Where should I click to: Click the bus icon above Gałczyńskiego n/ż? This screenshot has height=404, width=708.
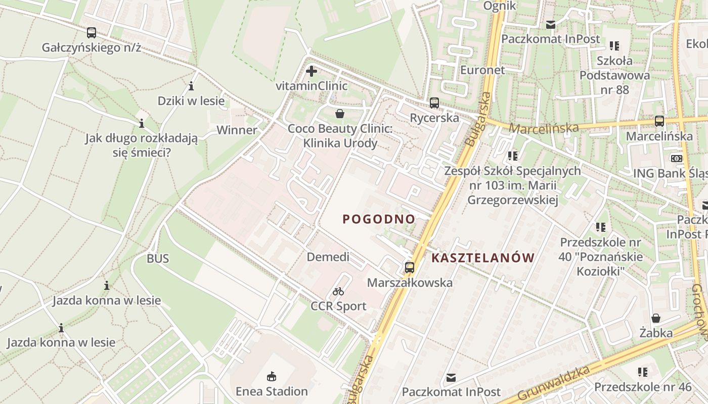(x=91, y=33)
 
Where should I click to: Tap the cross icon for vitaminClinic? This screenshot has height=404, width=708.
(x=312, y=71)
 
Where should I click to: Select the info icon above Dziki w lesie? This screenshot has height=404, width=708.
(x=191, y=86)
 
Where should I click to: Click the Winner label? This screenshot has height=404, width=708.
(x=237, y=130)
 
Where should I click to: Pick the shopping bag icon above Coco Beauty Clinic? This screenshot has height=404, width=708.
(x=340, y=114)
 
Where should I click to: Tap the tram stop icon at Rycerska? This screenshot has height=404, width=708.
(x=434, y=103)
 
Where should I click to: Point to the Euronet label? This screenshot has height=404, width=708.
(x=482, y=70)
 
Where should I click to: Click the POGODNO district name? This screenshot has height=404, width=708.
(x=379, y=219)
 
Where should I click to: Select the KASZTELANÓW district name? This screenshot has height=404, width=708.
(x=483, y=258)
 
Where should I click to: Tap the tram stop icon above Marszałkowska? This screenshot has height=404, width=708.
(x=410, y=268)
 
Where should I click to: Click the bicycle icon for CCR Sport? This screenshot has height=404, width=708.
(x=338, y=291)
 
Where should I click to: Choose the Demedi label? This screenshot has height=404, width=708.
(x=328, y=257)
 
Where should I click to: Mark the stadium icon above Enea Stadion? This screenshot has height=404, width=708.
(x=272, y=376)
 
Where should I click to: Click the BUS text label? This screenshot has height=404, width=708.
(x=158, y=259)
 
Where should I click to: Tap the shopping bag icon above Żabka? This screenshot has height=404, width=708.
(x=656, y=318)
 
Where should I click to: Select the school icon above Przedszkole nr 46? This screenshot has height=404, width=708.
(x=643, y=372)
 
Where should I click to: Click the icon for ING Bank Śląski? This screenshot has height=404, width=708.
(x=676, y=159)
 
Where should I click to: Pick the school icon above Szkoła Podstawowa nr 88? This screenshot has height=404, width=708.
(x=614, y=46)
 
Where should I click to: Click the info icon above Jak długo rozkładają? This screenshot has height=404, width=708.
(x=142, y=123)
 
